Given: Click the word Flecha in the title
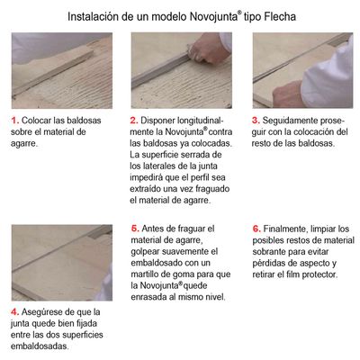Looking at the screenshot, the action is point(280,17).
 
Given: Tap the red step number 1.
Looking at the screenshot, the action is point(15,121).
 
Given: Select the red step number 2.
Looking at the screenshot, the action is point(134,121).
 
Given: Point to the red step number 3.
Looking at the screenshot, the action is point(256,121).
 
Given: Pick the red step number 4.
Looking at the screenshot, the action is point(15,312).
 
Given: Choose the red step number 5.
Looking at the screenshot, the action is point(135,229).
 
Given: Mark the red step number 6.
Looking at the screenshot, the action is point(256,229).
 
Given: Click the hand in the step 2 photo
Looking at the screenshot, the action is point(206,49).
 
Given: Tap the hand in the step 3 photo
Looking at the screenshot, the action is point(288,94).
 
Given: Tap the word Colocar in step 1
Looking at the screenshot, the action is point(36,121).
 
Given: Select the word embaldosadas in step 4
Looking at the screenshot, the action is point(40,346).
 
